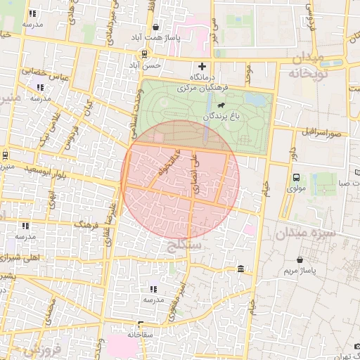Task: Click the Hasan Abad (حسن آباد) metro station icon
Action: pos(145,53)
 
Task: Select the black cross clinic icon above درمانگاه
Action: pos(202,67)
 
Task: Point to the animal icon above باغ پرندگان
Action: pos(221,106)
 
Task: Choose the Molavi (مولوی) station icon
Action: pos(296,178)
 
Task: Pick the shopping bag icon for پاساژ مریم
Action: pos(301,259)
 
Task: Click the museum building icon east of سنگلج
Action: pos(241,269)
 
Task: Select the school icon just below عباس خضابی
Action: pos(39,88)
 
